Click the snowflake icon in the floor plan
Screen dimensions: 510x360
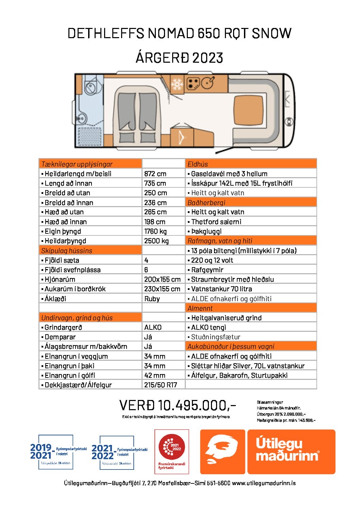tap(177, 84)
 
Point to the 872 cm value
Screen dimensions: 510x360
tap(155, 174)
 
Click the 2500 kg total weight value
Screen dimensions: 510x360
tap(157, 241)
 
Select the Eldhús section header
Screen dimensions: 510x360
tap(198, 164)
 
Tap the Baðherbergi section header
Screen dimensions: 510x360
tap(207, 202)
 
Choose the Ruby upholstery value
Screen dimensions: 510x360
tap(152, 299)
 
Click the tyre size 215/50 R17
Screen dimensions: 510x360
tap(161, 385)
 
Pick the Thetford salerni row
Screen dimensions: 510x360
tap(216, 222)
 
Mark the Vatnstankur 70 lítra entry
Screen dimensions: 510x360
tap(222, 289)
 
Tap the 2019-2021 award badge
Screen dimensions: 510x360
tap(56, 452)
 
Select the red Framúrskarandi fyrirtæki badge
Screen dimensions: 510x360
tap(172, 451)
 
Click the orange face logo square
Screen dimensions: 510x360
tap(223, 452)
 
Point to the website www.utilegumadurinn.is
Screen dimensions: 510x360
tap(264, 483)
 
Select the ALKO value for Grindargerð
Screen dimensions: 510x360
tap(153, 327)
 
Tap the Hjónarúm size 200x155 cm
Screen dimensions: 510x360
tap(162, 279)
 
